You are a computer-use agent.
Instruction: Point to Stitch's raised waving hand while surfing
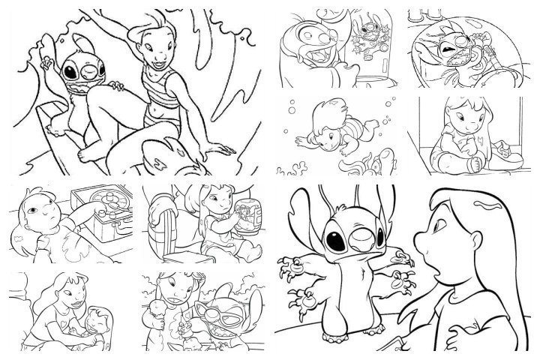pyautogui.click(x=47, y=43)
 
